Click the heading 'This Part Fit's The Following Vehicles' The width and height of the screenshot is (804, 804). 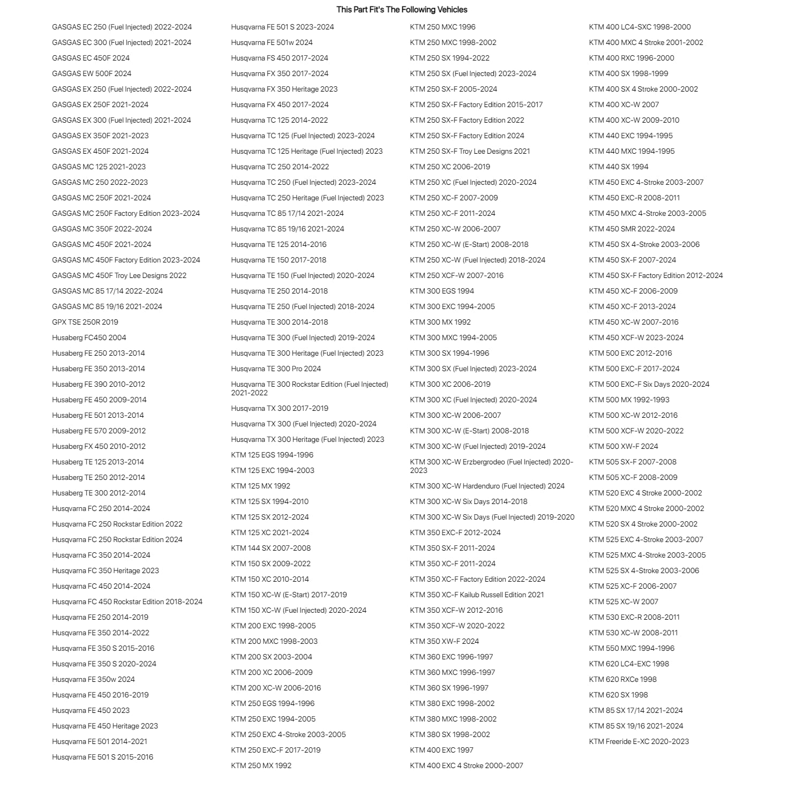coord(402,10)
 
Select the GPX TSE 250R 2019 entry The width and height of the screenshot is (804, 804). coord(85,322)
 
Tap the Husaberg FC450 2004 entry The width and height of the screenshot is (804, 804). coord(89,337)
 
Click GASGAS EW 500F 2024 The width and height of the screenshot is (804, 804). coord(92,73)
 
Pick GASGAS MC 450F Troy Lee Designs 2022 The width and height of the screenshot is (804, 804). coord(119,275)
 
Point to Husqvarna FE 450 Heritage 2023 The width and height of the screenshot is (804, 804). coord(105,726)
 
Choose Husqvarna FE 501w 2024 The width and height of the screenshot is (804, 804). coord(272,42)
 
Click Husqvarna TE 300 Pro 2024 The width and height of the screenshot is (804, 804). coord(276,369)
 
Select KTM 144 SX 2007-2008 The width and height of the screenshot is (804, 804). coord(270,548)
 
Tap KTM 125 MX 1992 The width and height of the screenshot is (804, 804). coord(260,486)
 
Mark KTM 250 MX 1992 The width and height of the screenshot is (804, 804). coord(261,765)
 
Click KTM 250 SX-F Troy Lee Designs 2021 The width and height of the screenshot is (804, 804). coord(470,151)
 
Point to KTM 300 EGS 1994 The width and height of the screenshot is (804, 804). coord(442,291)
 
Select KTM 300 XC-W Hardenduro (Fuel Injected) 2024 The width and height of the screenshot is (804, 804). coord(487,486)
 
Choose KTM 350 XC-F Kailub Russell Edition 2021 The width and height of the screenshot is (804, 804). coord(477,595)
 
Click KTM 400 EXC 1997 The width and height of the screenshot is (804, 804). coord(441,750)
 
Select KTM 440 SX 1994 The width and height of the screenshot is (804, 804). coord(619,167)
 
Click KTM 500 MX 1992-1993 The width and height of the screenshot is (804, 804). coord(629,400)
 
